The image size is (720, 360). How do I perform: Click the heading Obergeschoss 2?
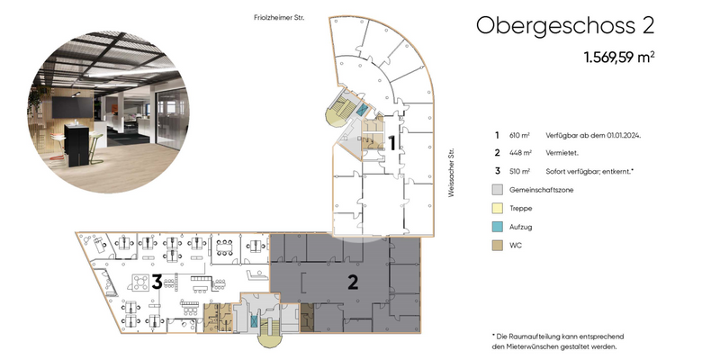click(565, 26)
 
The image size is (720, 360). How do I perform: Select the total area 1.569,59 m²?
click(619, 58)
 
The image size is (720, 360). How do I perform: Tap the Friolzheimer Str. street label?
click(279, 17)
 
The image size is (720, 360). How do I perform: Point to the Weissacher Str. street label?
click(451, 173)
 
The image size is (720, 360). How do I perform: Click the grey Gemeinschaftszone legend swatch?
click(498, 190)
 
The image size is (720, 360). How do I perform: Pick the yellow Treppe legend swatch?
click(498, 208)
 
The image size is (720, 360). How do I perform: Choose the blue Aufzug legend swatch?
click(498, 227)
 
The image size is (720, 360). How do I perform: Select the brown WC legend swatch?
click(498, 246)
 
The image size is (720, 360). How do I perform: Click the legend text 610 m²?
click(519, 135)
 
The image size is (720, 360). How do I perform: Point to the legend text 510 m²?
click(519, 171)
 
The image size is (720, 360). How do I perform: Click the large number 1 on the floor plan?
click(392, 143)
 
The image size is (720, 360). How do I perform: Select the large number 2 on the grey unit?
click(353, 283)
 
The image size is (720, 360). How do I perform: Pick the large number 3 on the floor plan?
click(157, 282)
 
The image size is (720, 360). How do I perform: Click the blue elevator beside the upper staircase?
click(363, 109)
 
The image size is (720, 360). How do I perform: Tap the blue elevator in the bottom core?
click(254, 321)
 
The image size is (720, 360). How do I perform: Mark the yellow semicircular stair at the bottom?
click(271, 339)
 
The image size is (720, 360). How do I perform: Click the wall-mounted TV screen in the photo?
click(72, 107)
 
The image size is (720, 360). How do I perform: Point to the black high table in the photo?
click(76, 145)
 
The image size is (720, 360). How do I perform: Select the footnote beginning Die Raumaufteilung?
click(557, 342)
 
